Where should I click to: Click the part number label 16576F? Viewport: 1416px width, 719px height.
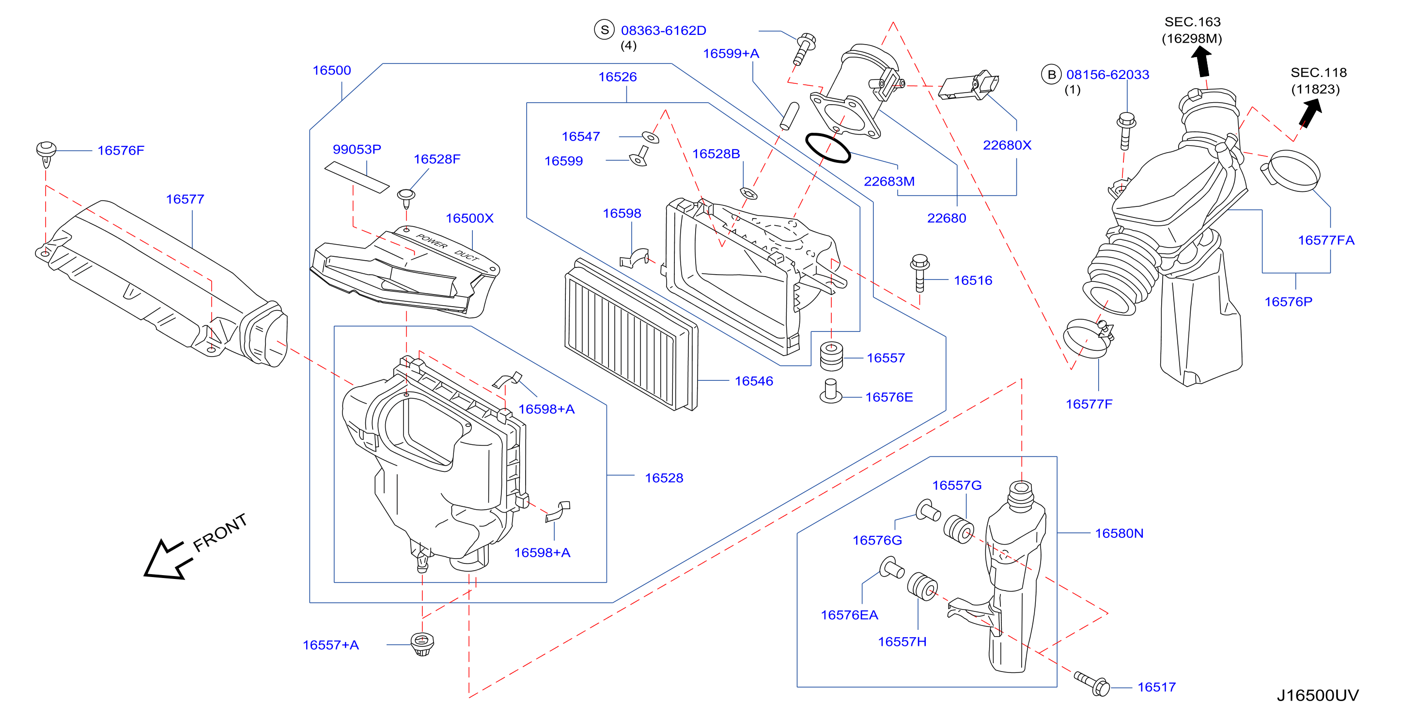point(121,150)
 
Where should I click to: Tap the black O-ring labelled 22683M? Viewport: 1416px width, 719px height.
point(828,147)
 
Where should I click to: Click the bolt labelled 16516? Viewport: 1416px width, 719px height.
point(919,273)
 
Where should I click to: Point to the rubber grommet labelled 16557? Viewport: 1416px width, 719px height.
point(831,356)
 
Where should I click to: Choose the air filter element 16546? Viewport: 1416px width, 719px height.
point(631,334)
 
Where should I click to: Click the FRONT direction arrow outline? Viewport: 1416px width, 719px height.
point(168,559)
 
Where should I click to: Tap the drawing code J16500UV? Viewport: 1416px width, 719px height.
point(1317,695)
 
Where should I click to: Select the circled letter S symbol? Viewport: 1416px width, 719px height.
point(605,30)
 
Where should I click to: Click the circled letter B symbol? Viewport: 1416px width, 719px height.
point(1052,74)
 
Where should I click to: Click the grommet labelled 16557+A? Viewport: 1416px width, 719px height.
point(422,644)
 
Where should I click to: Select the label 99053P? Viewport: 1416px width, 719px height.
point(357,149)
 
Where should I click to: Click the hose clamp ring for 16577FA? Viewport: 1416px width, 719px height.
point(1290,171)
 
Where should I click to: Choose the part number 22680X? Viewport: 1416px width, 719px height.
point(1007,145)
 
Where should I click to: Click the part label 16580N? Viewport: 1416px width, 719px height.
point(1119,533)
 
